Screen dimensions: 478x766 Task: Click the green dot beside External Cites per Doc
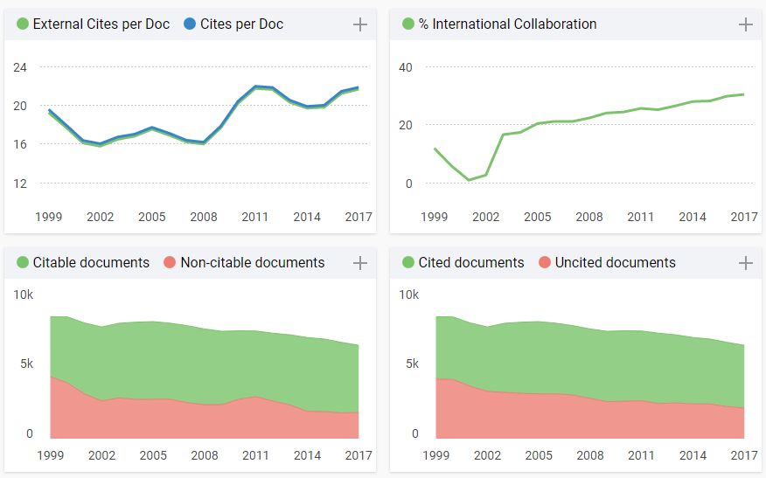coord(23,24)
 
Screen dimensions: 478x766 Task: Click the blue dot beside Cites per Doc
coord(189,24)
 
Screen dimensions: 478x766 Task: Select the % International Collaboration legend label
coord(507,24)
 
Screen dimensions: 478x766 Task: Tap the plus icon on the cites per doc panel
coord(359,24)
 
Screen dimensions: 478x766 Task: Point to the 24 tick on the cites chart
coord(20,67)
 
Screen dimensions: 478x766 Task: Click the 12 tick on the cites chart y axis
coord(20,184)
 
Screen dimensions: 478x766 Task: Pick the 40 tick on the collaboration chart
coord(406,67)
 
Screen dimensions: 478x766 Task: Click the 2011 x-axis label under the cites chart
coord(254,217)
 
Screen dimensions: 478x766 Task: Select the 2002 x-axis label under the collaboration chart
coord(486,217)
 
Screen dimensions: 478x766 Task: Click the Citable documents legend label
coord(91,263)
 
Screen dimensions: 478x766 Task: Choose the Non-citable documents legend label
coord(252,263)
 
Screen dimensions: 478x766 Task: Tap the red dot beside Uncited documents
coord(545,263)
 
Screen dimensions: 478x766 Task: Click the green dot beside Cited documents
coord(408,263)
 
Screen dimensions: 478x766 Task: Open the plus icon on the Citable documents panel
coord(359,263)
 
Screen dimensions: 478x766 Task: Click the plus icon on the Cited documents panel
coord(746,263)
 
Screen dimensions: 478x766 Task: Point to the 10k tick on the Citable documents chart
coord(23,294)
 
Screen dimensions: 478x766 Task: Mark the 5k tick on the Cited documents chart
coord(408,364)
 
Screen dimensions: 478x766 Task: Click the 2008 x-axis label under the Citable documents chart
coord(205,455)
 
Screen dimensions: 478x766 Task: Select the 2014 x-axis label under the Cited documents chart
coord(693,455)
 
